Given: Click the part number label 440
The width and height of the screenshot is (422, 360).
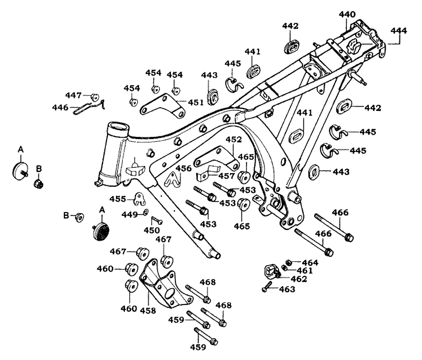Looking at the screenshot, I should coord(347,14).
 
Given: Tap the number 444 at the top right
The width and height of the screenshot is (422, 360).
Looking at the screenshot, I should coord(398,30).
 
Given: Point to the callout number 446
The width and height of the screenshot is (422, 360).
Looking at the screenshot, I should coord(60,108).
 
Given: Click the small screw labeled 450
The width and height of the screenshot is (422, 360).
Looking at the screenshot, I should coord(156,220).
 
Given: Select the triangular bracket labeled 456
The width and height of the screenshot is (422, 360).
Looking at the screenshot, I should coord(172,179).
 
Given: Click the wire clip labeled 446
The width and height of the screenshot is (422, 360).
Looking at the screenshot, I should coord(87,107).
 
